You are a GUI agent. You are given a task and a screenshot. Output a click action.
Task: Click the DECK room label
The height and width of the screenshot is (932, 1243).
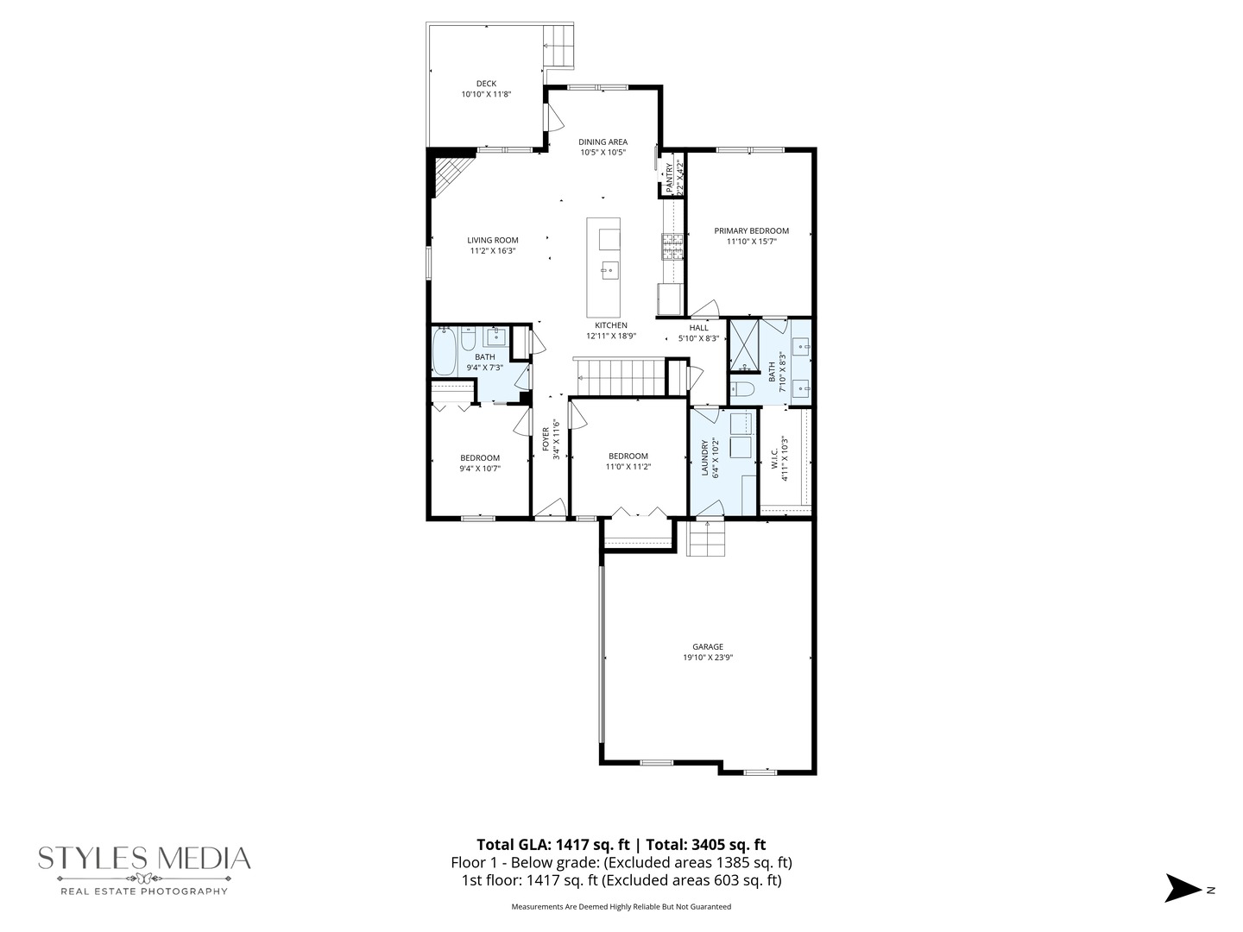[486, 84]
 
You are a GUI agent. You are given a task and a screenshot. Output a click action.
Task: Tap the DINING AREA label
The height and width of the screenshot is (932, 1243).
[603, 142]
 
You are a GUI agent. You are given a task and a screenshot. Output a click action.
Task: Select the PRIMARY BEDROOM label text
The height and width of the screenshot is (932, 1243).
[751, 230]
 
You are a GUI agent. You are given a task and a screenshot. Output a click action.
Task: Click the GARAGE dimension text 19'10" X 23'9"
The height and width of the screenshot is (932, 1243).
[708, 658]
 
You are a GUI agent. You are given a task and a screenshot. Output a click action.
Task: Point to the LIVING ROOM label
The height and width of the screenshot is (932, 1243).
[493, 240]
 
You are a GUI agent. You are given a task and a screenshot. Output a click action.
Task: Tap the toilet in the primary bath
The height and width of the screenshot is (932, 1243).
[742, 389]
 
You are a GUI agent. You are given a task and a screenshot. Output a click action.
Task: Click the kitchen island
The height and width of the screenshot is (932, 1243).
[603, 268]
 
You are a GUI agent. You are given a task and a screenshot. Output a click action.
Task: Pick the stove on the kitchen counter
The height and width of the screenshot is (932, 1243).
[672, 247]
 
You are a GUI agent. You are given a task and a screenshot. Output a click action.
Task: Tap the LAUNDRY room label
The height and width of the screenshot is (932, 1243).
[705, 458]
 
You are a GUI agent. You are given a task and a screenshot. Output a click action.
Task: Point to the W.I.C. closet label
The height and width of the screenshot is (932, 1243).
[774, 457]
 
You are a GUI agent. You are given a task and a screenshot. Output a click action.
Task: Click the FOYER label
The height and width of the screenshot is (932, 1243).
[546, 439]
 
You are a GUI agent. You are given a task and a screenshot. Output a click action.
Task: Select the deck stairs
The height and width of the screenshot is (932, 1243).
[558, 46]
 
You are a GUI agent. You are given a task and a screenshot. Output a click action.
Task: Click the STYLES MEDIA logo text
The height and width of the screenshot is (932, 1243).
[144, 858]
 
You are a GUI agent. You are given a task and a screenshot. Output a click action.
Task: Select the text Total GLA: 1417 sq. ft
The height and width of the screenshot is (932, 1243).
[552, 845]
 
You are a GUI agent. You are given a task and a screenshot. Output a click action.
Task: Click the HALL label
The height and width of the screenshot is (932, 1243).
[698, 328]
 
